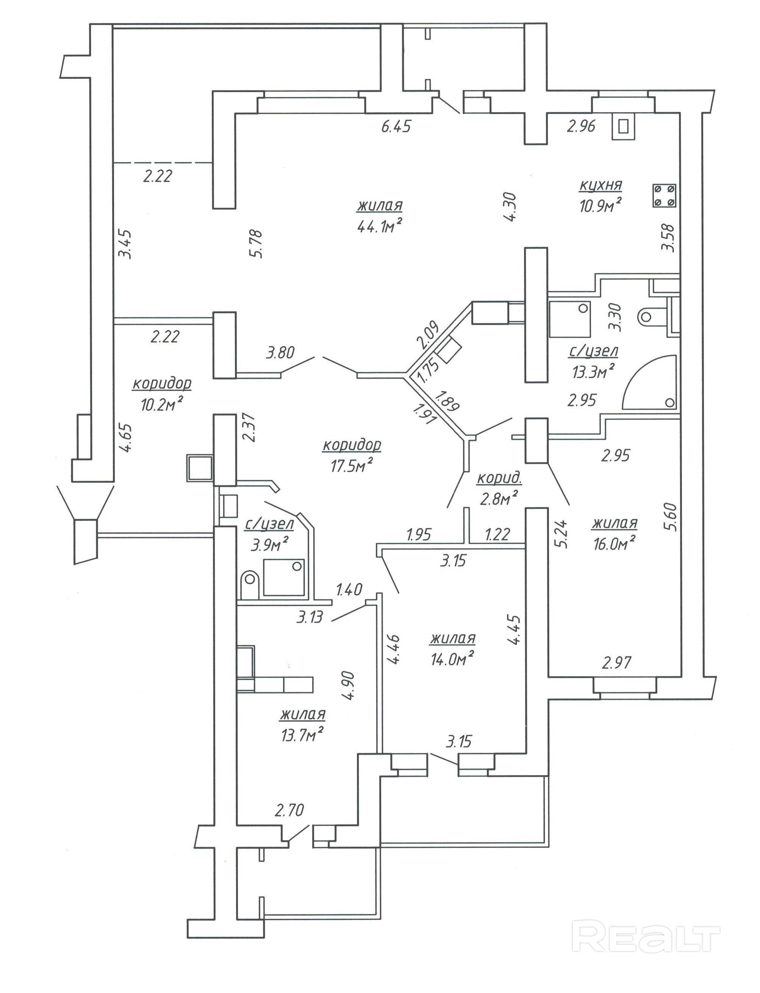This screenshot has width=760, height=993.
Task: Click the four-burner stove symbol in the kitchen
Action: pos(664,196)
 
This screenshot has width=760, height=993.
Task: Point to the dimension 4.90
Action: pos(349,685)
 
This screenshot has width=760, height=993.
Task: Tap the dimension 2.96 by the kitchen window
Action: pos(581,126)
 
